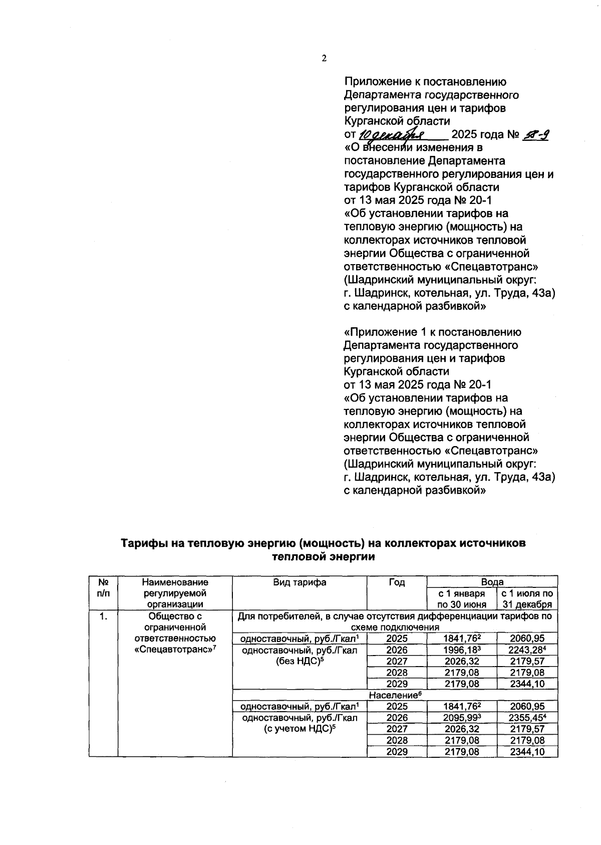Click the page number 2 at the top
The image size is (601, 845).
324,59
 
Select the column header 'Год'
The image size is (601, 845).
396,582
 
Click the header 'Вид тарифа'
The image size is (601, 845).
299,582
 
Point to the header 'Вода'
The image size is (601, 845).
492,581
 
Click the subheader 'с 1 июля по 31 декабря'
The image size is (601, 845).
527,598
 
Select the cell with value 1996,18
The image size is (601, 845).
461,650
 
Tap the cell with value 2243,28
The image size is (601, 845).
527,650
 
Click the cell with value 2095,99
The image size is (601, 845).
461,717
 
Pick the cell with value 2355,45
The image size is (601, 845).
527,717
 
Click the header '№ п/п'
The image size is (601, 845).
103,587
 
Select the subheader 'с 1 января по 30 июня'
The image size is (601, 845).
461,598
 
